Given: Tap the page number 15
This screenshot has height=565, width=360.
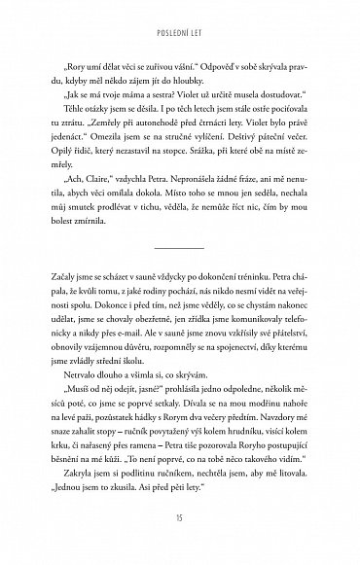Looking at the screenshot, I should (x=180, y=542).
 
